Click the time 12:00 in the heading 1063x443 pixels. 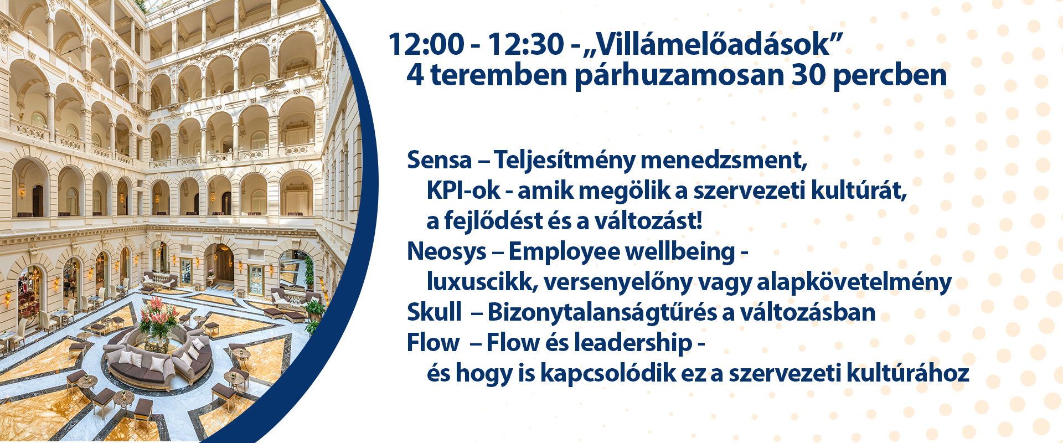(x=426, y=44)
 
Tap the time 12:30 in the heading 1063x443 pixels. (x=525, y=44)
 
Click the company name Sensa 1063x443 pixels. (x=439, y=160)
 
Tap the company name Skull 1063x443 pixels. (x=434, y=312)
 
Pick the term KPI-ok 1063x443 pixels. (x=463, y=190)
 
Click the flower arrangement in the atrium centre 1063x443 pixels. (x=159, y=318)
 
